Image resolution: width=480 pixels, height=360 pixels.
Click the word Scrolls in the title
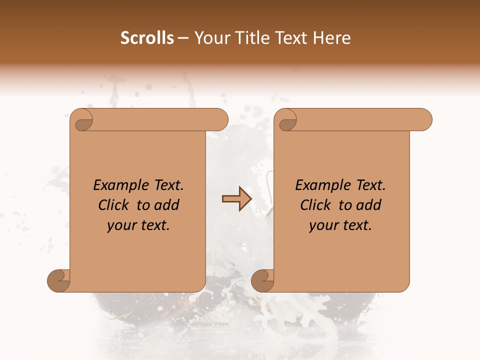(x=147, y=38)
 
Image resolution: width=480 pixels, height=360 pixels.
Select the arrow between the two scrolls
(x=236, y=199)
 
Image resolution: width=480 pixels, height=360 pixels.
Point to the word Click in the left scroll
(x=113, y=205)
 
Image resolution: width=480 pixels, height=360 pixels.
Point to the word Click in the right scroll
(x=315, y=205)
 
